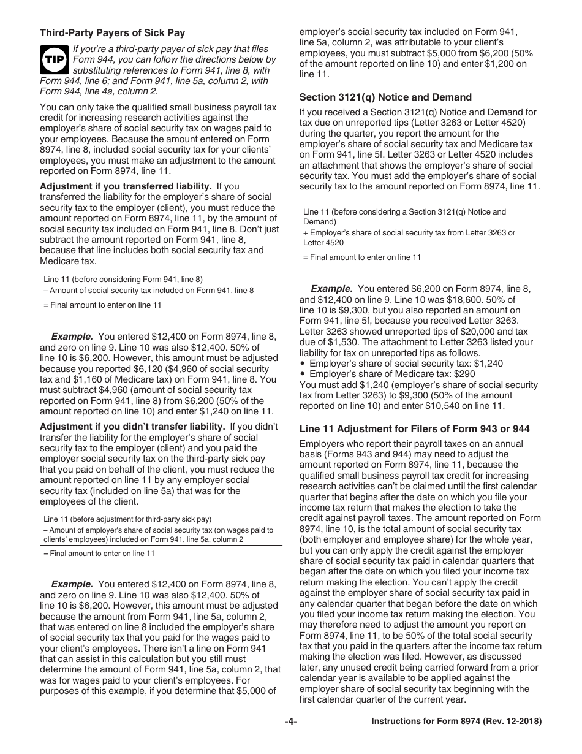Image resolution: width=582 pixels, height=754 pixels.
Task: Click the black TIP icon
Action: (53, 59)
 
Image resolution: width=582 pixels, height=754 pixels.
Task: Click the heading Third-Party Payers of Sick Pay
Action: (112, 33)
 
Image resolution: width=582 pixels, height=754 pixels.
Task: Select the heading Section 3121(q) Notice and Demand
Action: (385, 97)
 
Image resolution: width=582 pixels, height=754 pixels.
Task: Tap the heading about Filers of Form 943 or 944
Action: (414, 428)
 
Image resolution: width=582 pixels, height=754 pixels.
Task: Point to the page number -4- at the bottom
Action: (290, 722)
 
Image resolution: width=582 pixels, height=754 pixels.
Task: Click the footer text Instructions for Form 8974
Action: (456, 722)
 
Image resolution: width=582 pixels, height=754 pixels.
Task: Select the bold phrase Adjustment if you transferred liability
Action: (126, 186)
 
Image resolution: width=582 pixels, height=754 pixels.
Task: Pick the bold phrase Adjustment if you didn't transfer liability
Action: (134, 427)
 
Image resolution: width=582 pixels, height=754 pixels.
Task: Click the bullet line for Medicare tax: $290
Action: (392, 374)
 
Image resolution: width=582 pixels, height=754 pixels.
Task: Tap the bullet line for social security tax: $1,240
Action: (406, 364)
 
